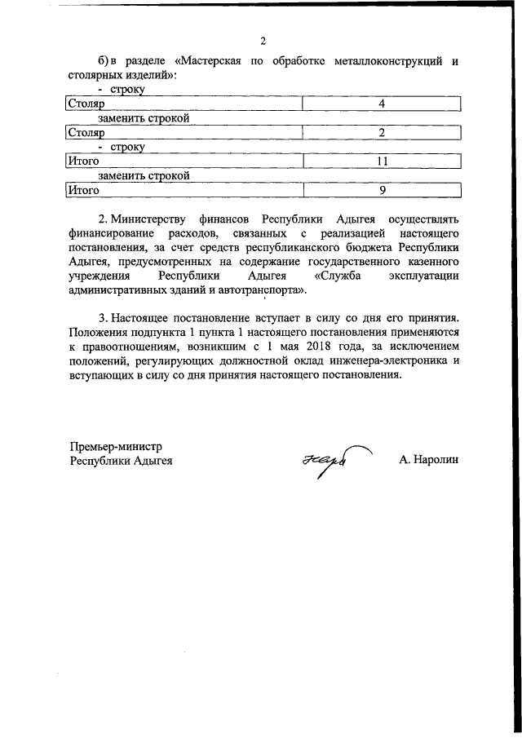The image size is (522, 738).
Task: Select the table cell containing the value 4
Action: (x=381, y=104)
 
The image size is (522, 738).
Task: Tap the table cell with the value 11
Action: (x=381, y=161)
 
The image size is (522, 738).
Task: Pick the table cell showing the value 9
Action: (x=381, y=190)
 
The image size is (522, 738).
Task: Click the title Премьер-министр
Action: (x=116, y=446)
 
